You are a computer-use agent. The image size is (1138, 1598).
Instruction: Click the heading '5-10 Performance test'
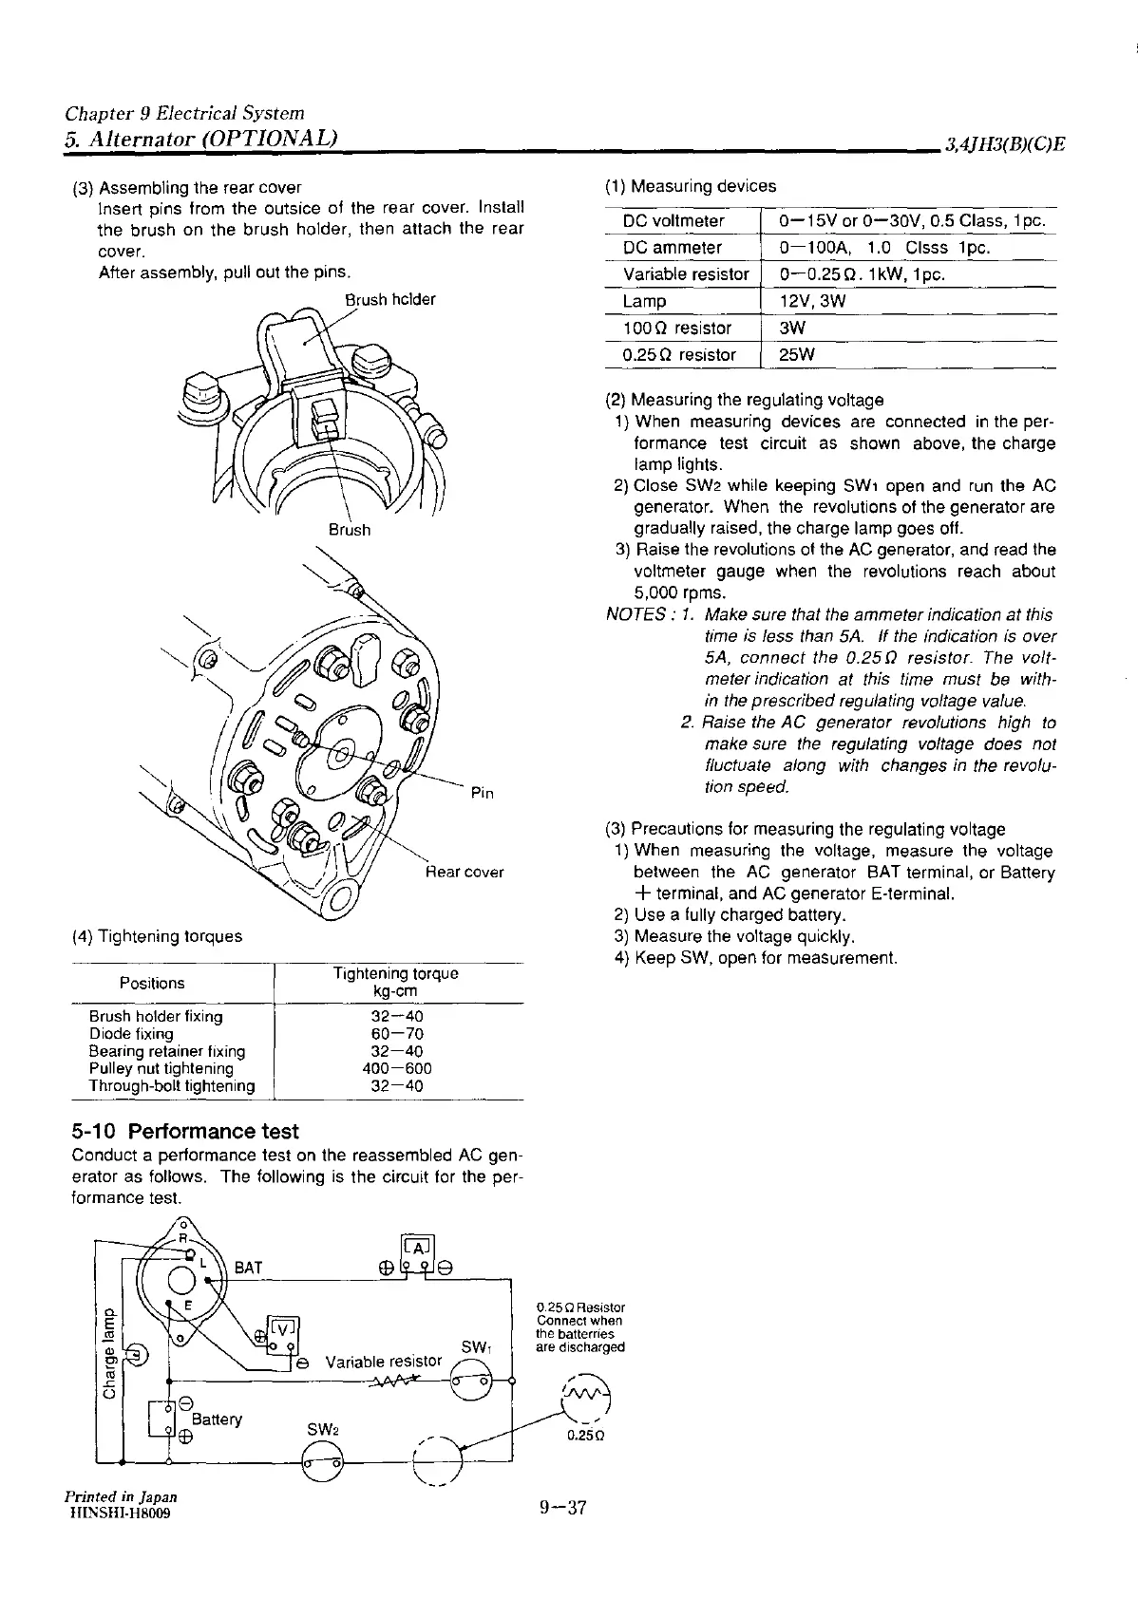coord(185,1131)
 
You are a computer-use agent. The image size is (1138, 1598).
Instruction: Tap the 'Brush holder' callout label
coord(389,300)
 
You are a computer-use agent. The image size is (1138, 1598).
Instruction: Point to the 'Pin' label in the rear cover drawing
coord(483,793)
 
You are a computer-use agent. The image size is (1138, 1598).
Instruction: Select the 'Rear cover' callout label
coord(465,872)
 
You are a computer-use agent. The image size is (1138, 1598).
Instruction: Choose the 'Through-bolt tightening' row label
coord(172,1086)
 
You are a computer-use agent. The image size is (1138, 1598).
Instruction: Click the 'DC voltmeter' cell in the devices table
coord(673,221)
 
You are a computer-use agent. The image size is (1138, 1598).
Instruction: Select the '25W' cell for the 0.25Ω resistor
coord(798,355)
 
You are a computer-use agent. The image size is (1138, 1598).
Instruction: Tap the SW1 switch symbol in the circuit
coord(472,1382)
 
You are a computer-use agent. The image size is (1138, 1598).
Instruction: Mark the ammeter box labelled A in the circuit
coord(418,1247)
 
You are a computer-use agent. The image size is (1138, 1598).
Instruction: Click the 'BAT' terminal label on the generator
coord(248,1268)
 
